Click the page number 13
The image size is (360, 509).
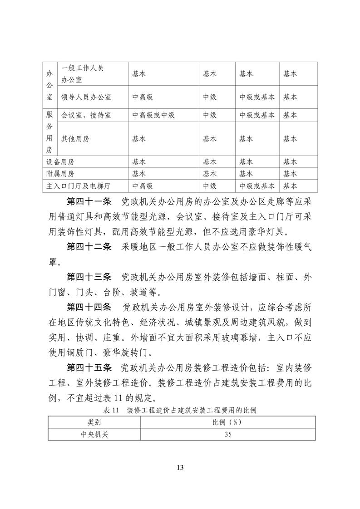(180, 468)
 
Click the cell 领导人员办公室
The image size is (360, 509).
(86, 97)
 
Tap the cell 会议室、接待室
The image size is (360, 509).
(86, 115)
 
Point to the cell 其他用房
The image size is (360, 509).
(75, 139)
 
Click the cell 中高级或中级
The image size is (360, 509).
(153, 115)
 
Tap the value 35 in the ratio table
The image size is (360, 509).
(228, 434)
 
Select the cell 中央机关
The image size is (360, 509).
(94, 434)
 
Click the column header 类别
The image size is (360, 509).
(94, 422)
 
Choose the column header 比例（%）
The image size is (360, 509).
(228, 422)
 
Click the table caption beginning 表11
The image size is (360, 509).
(180, 411)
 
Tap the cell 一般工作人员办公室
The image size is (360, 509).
(83, 73)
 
